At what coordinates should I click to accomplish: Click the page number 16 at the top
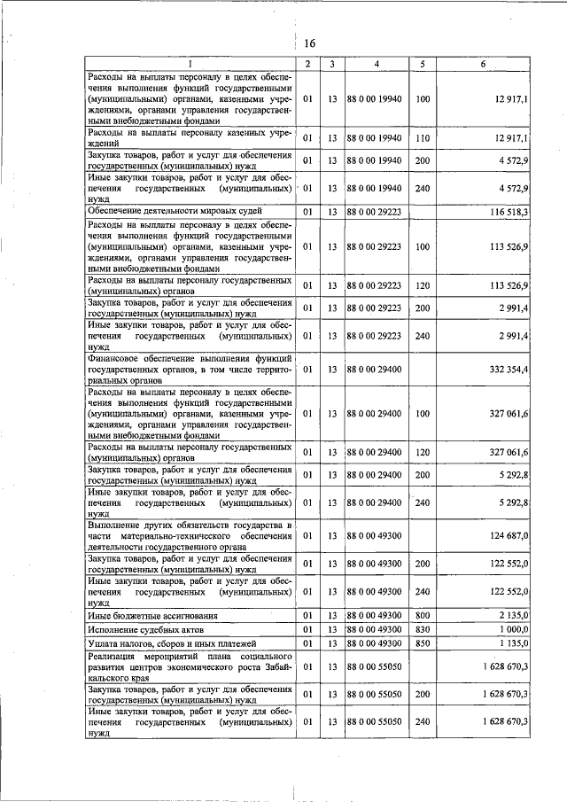310,43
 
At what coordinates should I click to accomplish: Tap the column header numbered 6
483,64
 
